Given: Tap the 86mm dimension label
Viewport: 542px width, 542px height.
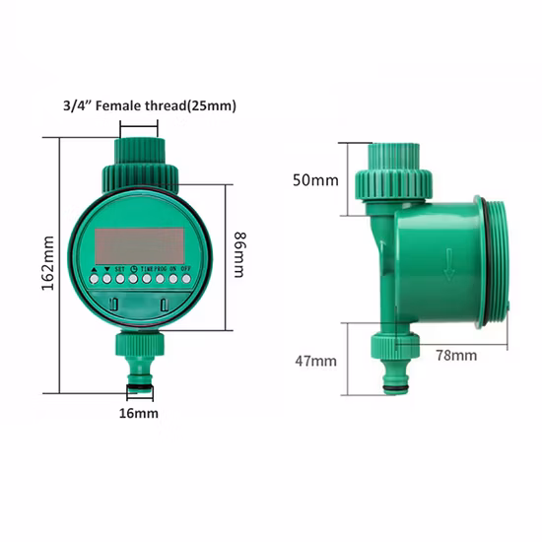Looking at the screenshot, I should (239, 254).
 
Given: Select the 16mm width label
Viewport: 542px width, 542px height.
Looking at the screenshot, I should (139, 414).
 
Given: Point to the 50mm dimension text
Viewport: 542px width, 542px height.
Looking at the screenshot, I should (314, 180).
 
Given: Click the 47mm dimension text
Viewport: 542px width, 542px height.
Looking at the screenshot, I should (315, 361).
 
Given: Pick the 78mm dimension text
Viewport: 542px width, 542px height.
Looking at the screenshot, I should (457, 354).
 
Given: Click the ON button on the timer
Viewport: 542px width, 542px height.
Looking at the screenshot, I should (173, 279).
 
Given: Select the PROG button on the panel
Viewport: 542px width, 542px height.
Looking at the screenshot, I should (160, 279).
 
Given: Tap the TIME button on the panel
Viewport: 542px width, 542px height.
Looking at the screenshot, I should (146, 279).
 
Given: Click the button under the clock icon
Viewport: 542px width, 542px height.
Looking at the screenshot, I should (132, 279).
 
